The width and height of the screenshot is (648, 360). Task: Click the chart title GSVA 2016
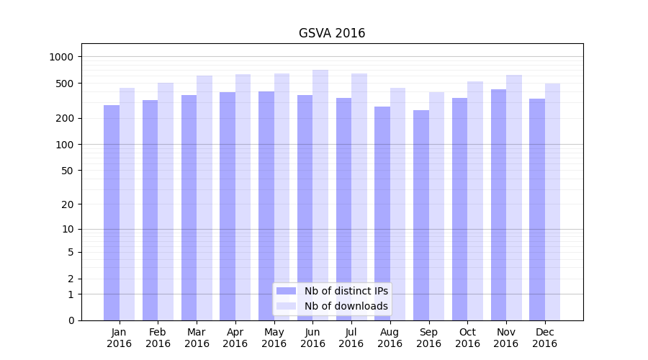pos(332,34)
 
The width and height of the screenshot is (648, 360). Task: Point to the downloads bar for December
pos(552,202)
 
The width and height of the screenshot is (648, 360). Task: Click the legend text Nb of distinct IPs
pos(346,291)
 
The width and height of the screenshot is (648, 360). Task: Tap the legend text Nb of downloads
pos(346,306)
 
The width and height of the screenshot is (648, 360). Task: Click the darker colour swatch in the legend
pos(286,291)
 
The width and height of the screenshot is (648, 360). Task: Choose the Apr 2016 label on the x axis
pos(235,338)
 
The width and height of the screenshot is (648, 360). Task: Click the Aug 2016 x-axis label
pos(390,338)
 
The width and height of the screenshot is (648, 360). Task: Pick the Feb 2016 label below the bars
pos(158,338)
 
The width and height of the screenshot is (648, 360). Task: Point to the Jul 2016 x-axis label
pos(351,338)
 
